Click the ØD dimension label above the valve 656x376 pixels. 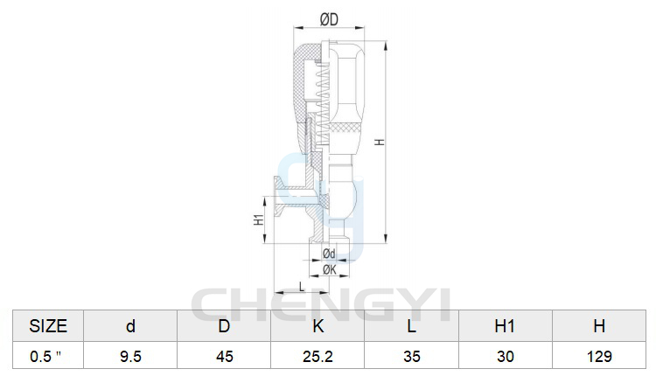point(329,19)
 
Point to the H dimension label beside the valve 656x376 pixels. point(380,143)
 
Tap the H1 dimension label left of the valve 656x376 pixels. point(260,219)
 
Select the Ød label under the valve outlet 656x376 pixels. point(329,254)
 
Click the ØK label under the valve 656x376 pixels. point(330,270)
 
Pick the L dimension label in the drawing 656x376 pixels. point(302,287)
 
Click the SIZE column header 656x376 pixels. point(48,326)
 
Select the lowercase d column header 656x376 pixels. point(130,326)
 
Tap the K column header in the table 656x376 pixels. point(318,326)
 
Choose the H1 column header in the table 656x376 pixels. point(505,326)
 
